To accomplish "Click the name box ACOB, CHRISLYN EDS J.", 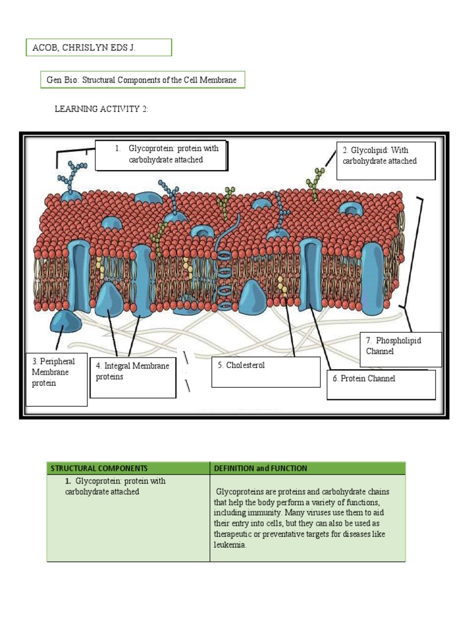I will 98,47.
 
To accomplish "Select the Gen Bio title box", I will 141,80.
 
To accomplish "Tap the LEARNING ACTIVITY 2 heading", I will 101,109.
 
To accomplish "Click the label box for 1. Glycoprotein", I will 161,155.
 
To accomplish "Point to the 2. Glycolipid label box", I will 385,160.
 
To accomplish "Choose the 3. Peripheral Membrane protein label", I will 56,379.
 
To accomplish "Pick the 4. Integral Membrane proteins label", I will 133,377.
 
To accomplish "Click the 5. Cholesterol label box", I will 265,371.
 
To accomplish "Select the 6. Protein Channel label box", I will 380,384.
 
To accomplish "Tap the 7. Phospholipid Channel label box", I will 401,348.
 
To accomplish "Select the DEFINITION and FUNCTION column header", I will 260,468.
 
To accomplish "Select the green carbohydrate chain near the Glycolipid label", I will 314,183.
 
